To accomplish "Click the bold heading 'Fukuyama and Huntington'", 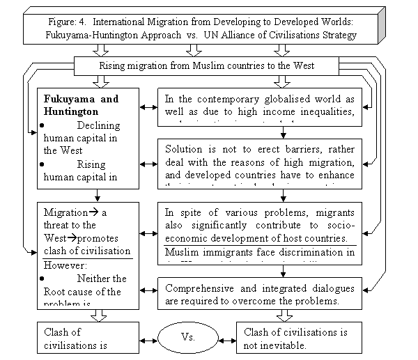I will click(77, 104).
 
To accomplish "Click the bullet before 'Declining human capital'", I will click(43, 125).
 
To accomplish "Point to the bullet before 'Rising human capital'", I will click(43, 164).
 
